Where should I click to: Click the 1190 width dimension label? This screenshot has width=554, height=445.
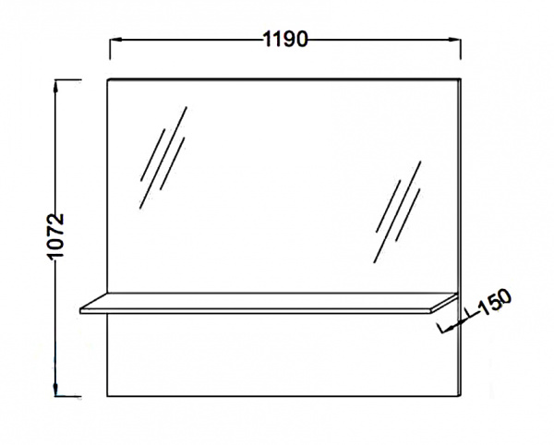click(x=285, y=39)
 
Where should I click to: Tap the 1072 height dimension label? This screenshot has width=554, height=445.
click(x=55, y=236)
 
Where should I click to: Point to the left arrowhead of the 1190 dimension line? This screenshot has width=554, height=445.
click(x=115, y=40)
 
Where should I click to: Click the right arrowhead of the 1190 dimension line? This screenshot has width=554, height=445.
click(x=454, y=40)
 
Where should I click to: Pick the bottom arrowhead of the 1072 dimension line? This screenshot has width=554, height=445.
click(x=55, y=390)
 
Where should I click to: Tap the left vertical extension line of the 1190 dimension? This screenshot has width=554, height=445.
click(x=110, y=49)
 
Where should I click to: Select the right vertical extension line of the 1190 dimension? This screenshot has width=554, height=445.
click(x=461, y=49)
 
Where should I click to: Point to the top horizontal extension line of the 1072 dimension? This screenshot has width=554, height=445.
click(x=67, y=80)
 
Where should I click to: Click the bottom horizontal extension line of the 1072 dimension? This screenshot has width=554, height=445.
click(x=67, y=396)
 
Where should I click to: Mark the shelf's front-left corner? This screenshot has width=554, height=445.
click(x=80, y=311)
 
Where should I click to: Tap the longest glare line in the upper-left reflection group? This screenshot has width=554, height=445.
click(x=163, y=158)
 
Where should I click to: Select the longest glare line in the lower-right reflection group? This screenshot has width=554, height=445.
click(x=397, y=212)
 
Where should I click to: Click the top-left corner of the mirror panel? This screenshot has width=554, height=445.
click(x=107, y=79)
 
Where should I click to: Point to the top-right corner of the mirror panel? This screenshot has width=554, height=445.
click(x=461, y=78)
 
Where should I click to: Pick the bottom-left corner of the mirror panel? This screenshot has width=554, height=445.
click(x=107, y=396)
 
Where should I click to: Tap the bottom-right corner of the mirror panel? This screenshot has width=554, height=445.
click(x=461, y=396)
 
